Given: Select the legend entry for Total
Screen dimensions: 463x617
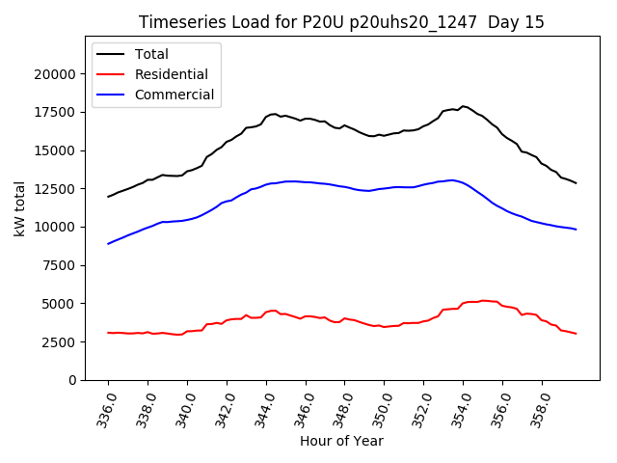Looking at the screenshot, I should pos(152,54).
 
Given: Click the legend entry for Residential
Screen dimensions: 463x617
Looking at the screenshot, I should pos(171,74).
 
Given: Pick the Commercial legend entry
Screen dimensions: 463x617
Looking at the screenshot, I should pos(174,95).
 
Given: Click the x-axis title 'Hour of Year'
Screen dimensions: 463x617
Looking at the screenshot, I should pos(341,442).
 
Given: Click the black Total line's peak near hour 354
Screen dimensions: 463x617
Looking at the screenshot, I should pos(463,106).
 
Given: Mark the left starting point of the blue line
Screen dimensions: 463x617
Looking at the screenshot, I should pos(108,244).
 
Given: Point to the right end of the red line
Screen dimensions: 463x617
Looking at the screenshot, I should pos(577,334).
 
